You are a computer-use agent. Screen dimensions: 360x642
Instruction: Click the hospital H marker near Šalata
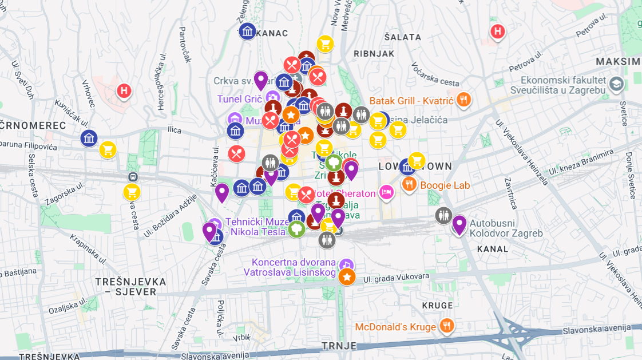[x=498, y=32]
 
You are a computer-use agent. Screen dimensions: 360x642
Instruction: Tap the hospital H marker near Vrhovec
[x=124, y=90]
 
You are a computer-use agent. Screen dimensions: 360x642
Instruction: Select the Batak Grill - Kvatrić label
[x=411, y=101]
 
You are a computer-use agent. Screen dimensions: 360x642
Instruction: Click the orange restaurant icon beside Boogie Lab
[x=409, y=184]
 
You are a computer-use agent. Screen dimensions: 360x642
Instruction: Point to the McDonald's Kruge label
[x=395, y=327]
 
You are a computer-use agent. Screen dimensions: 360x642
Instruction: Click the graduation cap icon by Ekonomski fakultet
[x=616, y=85]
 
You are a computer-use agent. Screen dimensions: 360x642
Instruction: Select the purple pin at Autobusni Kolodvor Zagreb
[x=459, y=224]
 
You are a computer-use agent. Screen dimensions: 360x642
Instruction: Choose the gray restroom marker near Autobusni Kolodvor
[x=443, y=215]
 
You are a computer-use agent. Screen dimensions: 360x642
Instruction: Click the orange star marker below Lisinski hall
[x=347, y=278]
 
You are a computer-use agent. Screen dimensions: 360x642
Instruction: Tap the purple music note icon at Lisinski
[x=346, y=265]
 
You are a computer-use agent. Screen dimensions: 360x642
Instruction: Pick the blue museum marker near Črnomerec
[x=89, y=138]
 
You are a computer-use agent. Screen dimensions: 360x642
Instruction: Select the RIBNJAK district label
[x=374, y=53]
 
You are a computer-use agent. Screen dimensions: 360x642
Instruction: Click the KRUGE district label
[x=437, y=306]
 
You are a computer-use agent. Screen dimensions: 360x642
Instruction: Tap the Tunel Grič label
[x=239, y=99]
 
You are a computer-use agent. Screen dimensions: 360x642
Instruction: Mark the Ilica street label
[x=173, y=130]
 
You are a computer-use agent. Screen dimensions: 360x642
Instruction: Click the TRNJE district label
[x=339, y=346]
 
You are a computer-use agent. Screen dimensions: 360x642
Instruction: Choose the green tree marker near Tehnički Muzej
[x=296, y=230]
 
